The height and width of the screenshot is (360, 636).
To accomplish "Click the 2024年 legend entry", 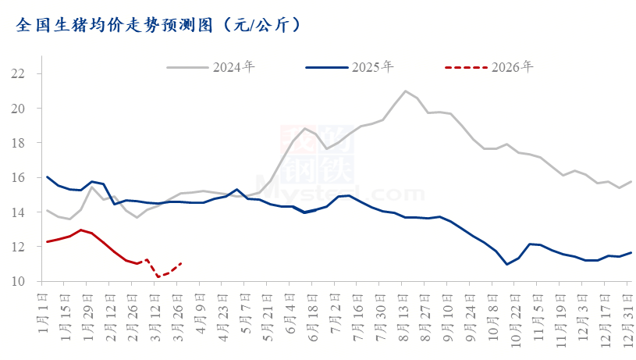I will point(233,66).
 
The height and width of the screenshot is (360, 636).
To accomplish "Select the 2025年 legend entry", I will point(371,66).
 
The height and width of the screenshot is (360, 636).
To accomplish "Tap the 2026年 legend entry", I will point(512,66).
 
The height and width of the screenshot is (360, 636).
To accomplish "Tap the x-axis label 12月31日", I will point(631,312).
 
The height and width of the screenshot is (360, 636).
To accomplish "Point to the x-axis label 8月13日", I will point(405,312).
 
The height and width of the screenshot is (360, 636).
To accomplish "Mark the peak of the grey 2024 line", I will point(405,91).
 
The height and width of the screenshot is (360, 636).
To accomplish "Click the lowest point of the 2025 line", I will point(507,265).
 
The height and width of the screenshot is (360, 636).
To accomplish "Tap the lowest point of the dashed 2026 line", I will point(158,277).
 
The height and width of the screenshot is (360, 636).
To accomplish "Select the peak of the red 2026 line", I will point(80,230).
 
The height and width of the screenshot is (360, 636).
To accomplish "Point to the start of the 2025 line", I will point(48,176).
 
